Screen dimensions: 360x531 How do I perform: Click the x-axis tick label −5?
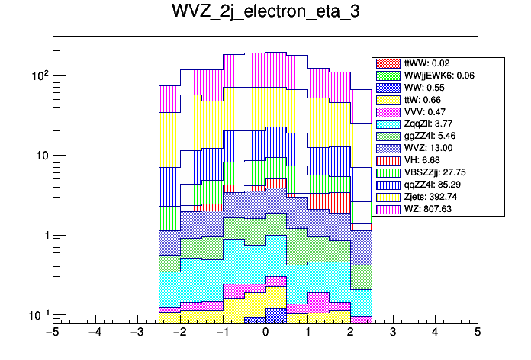click(x=52, y=333)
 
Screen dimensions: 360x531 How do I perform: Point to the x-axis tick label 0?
click(x=265, y=333)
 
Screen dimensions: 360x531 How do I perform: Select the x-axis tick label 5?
click(x=477, y=333)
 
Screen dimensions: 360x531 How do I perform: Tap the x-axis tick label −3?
click(x=137, y=333)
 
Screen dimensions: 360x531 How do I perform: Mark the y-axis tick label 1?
click(x=43, y=236)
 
